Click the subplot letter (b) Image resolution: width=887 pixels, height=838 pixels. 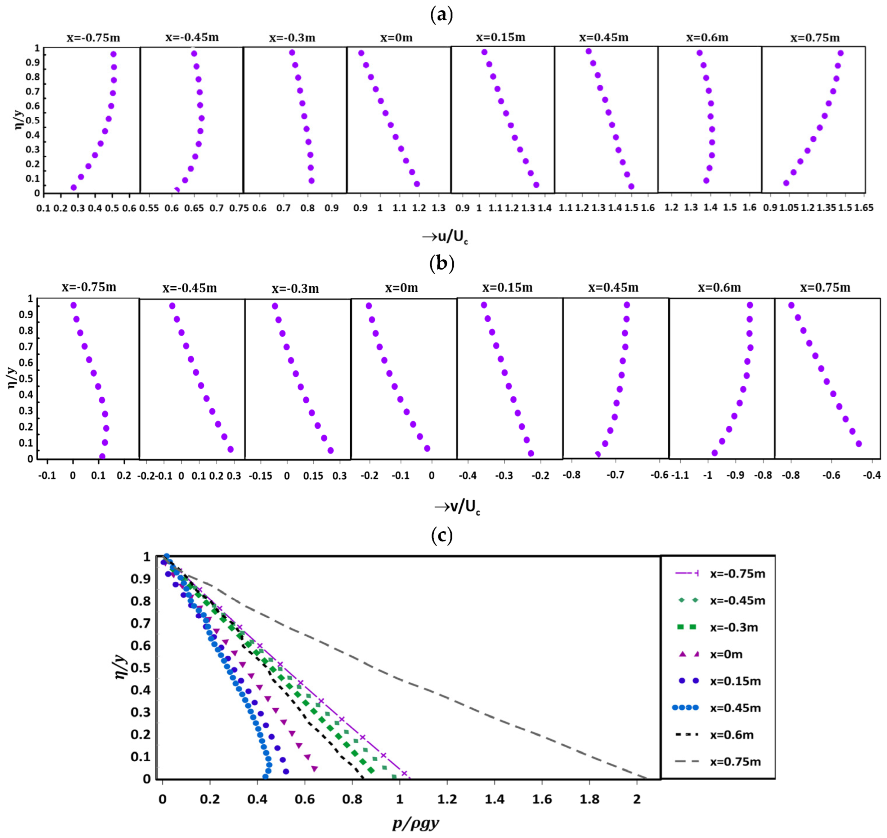point(442,263)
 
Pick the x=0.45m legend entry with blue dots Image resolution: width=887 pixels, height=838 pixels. point(735,708)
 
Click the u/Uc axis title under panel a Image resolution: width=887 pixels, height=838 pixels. point(445,237)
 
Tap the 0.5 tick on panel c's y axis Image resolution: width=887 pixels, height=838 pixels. point(140,668)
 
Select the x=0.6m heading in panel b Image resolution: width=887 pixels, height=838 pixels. point(719,288)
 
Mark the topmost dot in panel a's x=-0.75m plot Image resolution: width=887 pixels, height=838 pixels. point(113,54)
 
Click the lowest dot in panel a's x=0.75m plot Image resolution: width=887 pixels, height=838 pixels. point(786,183)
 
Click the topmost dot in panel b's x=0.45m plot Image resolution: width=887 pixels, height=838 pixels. point(627,305)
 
